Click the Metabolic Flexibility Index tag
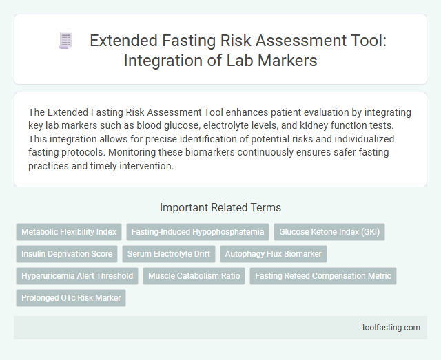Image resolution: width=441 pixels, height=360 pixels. click(x=69, y=232)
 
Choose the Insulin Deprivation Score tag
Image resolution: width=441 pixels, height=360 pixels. click(x=67, y=254)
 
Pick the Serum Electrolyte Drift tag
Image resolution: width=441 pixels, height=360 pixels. click(x=169, y=254)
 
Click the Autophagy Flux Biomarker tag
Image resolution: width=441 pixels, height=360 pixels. click(x=274, y=254)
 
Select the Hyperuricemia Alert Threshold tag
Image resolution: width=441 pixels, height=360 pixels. click(x=77, y=276)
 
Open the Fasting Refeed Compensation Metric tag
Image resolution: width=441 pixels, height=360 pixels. click(x=322, y=276)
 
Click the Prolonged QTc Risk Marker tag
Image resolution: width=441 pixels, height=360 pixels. click(x=71, y=298)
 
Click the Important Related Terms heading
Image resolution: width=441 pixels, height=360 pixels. click(x=220, y=207)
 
